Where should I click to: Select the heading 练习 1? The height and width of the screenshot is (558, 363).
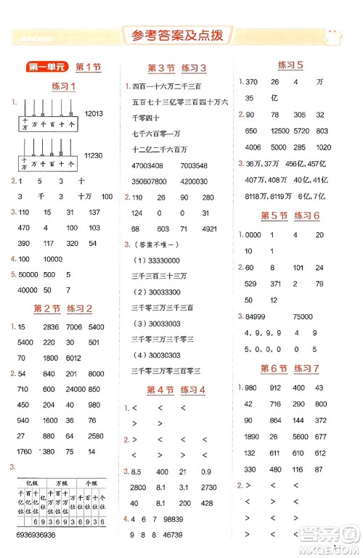[65, 87]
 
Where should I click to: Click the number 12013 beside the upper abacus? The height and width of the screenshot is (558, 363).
[95, 113]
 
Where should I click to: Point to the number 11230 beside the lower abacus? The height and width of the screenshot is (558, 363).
[95, 155]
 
